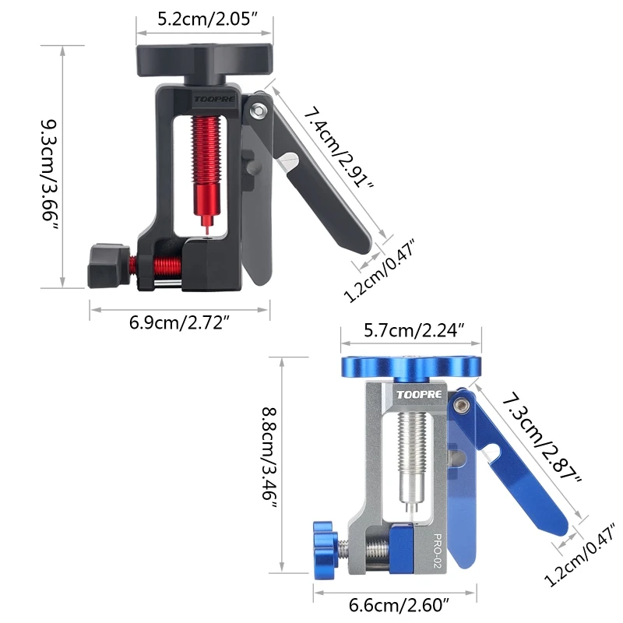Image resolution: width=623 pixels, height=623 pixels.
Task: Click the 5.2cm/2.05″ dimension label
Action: pyautogui.click(x=208, y=19)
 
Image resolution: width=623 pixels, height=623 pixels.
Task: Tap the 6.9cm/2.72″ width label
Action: pyautogui.click(x=180, y=322)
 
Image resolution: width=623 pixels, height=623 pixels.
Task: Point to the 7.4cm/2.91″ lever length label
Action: pyautogui.click(x=339, y=148)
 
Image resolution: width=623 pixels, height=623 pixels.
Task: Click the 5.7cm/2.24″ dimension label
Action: pyautogui.click(x=414, y=330)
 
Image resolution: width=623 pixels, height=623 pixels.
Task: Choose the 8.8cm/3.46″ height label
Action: pyautogui.click(x=269, y=458)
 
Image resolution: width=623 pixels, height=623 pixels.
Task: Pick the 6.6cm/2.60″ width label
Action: pyautogui.click(x=399, y=605)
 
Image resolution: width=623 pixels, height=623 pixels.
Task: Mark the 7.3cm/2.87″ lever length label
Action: pyautogui.click(x=541, y=437)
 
